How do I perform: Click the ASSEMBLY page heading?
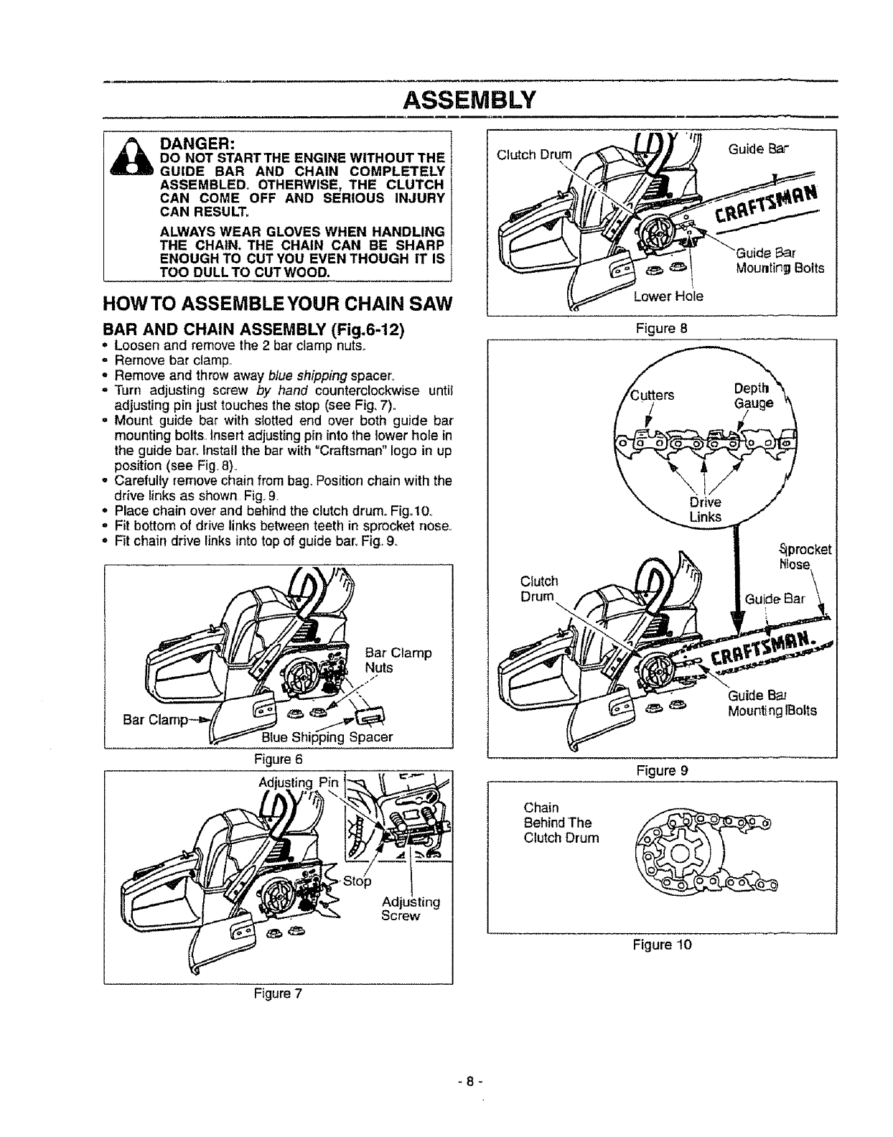point(469,98)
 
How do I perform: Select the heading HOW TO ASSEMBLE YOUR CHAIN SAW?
point(279,302)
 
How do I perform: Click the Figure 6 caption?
point(276,759)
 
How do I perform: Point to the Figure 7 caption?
point(278,993)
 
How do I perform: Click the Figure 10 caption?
point(662,945)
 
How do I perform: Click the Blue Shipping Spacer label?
point(327,736)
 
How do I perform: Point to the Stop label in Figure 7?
point(357,881)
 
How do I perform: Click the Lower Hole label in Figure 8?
point(668,296)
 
